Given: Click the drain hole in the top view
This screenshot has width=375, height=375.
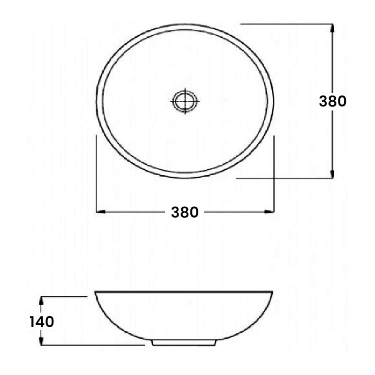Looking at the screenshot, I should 185,100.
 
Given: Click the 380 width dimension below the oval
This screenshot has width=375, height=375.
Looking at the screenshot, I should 185,212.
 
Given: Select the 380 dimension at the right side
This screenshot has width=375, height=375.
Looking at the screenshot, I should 332,101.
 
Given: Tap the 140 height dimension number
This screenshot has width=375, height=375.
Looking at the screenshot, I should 42,322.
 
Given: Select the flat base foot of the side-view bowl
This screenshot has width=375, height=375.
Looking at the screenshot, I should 183,343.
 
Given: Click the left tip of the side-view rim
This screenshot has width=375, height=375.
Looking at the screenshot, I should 96,292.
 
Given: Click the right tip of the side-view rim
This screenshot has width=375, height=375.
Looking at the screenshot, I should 272,292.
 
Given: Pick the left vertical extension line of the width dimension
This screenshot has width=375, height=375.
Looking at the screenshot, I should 96,173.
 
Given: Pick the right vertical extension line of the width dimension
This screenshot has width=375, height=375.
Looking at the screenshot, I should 274,173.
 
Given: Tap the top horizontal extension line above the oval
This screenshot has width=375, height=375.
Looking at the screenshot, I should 286,24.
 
